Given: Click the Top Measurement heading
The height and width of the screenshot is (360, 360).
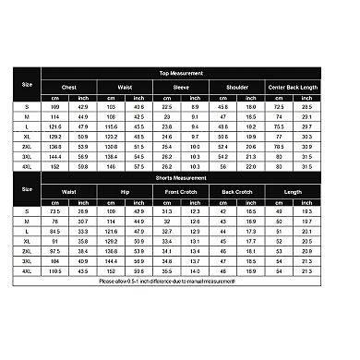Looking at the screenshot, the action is [199, 73].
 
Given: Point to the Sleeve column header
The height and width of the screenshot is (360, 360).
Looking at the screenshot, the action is [182, 89].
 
